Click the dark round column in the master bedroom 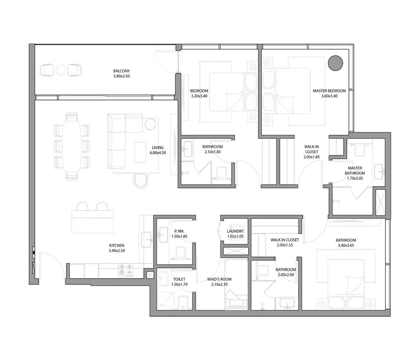335,63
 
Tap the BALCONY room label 121,71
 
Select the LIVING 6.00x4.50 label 158,150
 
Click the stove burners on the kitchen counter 126,270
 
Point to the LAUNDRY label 235,231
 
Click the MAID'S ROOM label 219,279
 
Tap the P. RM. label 179,231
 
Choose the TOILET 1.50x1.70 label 179,282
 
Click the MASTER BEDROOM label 329,91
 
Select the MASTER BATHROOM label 355,171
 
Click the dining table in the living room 71,147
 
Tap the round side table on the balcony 61,70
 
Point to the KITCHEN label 117,245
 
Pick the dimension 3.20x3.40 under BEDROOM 199,96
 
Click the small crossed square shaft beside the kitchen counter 150,275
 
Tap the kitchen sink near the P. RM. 147,240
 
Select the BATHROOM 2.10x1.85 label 213,149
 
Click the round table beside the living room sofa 150,124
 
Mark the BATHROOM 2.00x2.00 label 286,272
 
